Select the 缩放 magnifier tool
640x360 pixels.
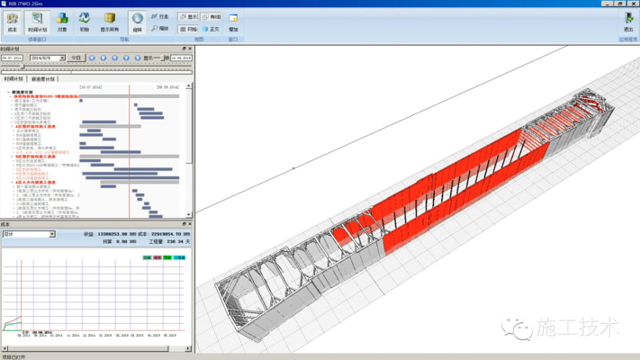click(159, 28)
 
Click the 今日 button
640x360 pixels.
click(76, 58)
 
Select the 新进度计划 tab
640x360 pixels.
click(43, 79)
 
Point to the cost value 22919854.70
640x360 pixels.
click(170, 234)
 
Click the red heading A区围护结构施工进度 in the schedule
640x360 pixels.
click(36, 127)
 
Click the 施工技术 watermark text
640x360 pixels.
click(576, 326)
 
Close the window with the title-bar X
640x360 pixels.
click(633, 4)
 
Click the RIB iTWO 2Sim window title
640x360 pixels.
click(22, 4)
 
